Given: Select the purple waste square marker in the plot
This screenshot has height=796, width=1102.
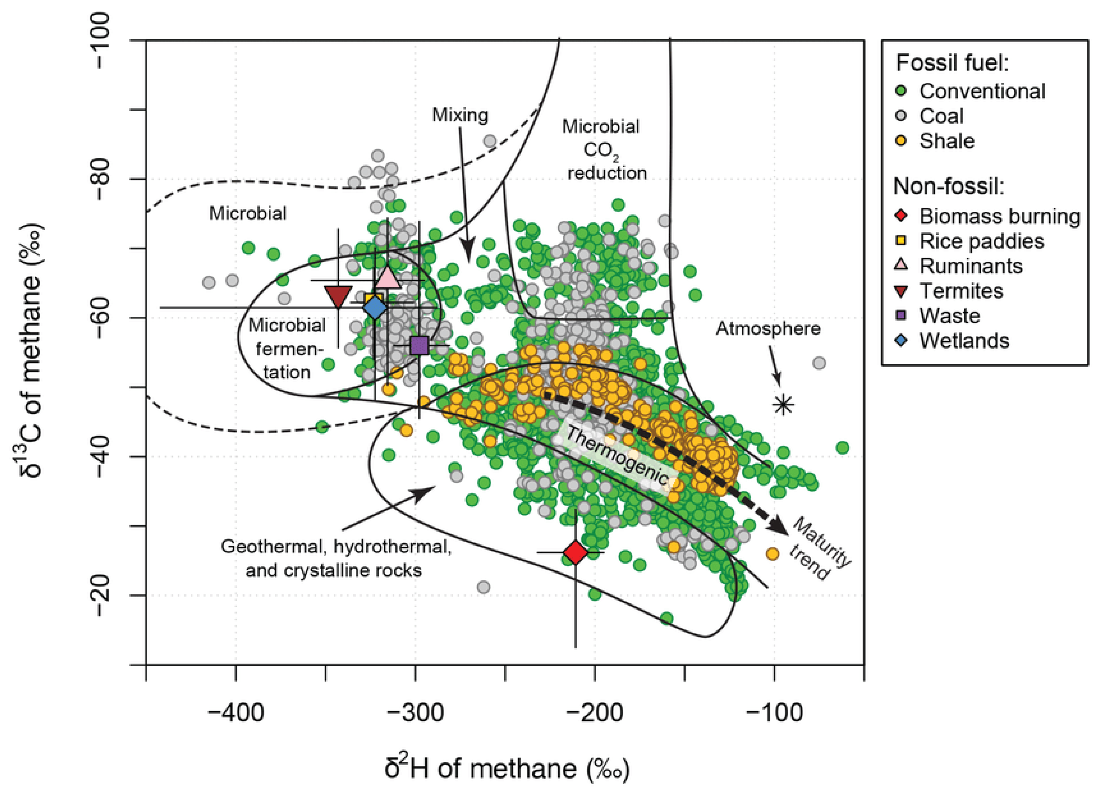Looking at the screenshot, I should pyautogui.click(x=419, y=346).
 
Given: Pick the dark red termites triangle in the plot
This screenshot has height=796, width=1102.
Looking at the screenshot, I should pyautogui.click(x=338, y=297).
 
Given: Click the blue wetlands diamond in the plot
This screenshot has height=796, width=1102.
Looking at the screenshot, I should pyautogui.click(x=375, y=308).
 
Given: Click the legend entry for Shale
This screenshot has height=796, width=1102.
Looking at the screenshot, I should pyautogui.click(x=946, y=141).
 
